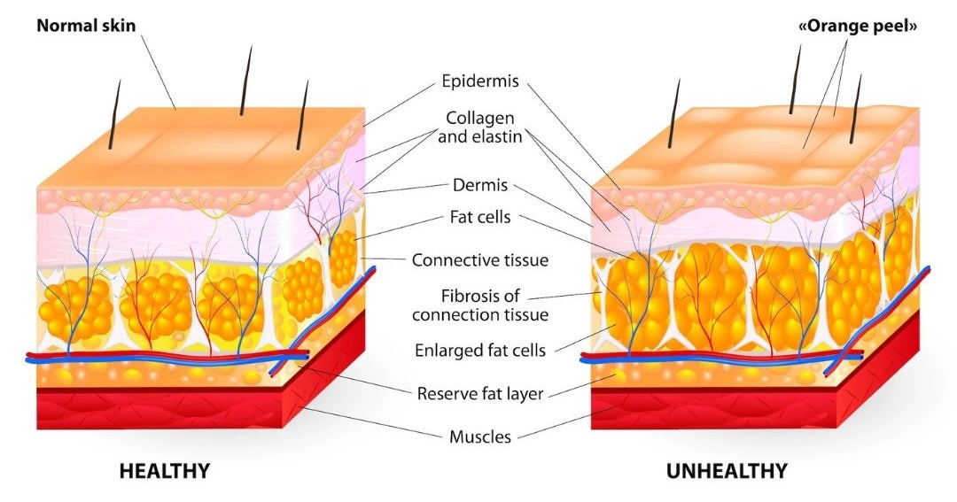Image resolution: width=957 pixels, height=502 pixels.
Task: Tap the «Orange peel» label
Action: point(858,26)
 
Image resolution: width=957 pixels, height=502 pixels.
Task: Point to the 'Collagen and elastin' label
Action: point(479,127)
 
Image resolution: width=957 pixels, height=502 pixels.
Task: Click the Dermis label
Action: point(479,186)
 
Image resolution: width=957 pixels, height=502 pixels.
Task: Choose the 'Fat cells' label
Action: point(479,217)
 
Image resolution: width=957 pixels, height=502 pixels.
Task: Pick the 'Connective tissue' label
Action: point(479,260)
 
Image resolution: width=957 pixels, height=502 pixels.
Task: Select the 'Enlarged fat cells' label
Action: point(479,350)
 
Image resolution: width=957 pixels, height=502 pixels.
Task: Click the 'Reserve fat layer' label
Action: point(479,393)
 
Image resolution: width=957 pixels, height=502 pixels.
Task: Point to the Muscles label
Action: point(479,436)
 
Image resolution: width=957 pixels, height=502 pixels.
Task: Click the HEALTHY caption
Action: point(165,471)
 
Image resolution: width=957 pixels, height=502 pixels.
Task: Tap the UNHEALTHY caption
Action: point(726,471)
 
